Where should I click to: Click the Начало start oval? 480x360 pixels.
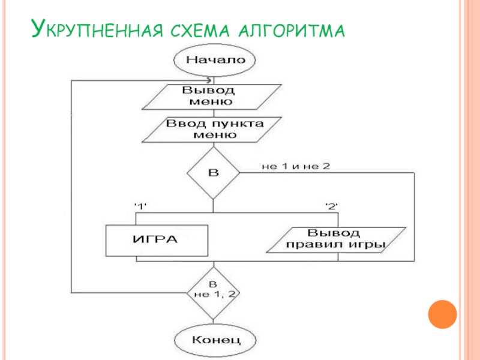point(215,60)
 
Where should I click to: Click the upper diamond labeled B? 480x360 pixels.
point(213,173)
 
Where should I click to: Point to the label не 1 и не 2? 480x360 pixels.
point(295,166)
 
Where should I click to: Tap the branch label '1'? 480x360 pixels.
point(140,206)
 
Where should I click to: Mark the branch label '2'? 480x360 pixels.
point(332,206)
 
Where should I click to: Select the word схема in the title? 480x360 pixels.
point(197,29)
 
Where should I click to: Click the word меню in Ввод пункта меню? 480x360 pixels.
point(214,134)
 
